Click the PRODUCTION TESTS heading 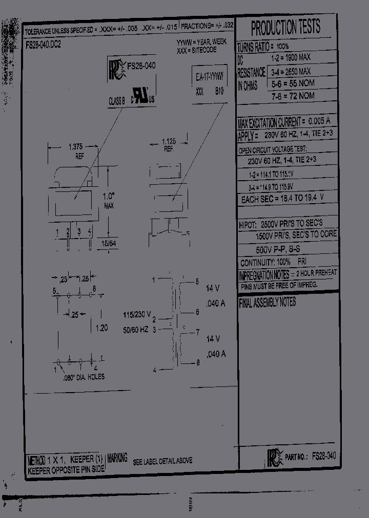point(286,27)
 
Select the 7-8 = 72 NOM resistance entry point(292,96)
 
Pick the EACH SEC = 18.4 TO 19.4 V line point(282,199)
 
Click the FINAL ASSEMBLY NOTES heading point(267,303)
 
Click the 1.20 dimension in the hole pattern point(101,328)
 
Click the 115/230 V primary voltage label point(137,314)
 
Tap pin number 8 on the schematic point(197,363)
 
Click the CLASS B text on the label point(116,101)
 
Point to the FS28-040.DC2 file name point(43,45)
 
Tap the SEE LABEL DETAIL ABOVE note point(162,461)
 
